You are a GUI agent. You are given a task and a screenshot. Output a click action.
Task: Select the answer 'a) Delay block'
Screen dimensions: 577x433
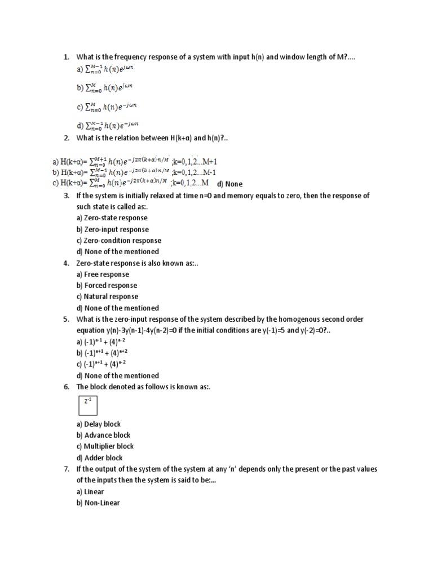tap(99, 424)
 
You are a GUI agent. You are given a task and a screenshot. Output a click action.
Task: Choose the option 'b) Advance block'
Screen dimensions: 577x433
tap(103, 435)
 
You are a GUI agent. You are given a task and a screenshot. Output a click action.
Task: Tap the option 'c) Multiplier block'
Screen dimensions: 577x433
tap(105, 446)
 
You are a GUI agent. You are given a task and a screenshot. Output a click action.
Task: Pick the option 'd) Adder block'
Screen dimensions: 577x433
tap(99, 458)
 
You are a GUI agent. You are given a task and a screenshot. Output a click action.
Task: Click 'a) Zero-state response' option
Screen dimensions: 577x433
tap(112, 218)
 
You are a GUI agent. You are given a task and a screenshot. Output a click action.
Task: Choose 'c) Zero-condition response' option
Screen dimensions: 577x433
tap(118, 241)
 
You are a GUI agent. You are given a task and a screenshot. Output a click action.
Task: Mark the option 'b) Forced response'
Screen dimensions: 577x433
tap(107, 286)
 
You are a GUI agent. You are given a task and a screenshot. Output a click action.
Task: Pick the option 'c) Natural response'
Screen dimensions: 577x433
tap(107, 296)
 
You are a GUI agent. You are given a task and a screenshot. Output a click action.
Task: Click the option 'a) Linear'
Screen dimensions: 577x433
tap(90, 491)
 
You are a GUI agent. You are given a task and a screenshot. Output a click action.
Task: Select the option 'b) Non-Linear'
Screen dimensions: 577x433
tap(98, 503)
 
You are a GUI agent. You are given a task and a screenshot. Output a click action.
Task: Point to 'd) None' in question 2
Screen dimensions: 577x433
tap(229, 184)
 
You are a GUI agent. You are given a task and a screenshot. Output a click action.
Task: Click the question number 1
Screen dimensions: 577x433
tap(65, 57)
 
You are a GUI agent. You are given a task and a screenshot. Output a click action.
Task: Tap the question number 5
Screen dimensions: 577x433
tap(65, 319)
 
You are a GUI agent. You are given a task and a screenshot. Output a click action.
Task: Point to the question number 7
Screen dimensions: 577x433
tap(65, 469)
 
